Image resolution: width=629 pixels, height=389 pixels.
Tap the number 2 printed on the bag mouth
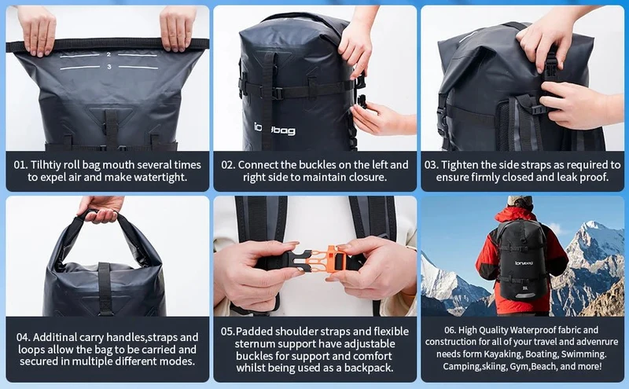coord(109,54)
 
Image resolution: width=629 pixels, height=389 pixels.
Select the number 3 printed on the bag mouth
coord(109,67)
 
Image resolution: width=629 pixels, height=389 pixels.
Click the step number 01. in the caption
coord(20,165)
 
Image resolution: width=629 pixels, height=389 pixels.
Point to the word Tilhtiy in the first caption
coord(46,165)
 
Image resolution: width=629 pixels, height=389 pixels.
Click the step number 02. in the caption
coord(228,165)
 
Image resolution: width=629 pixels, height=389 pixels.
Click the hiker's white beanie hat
coord(520,200)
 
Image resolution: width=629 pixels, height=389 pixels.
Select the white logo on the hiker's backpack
coord(524,263)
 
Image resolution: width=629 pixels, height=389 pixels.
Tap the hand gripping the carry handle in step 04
coord(101,209)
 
